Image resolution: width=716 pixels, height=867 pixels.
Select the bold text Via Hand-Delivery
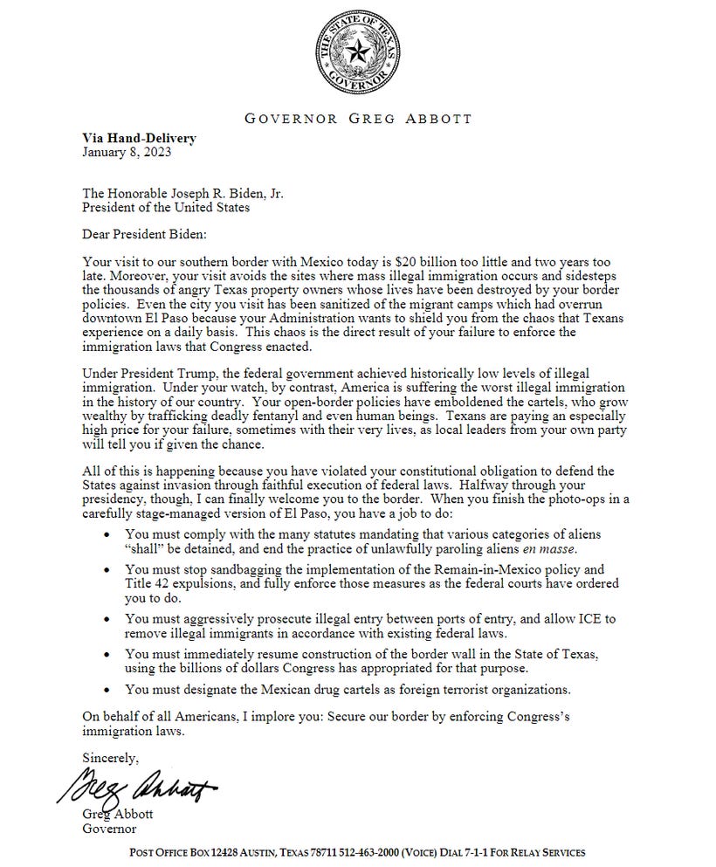[139, 138]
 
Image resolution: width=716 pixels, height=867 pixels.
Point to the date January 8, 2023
[127, 152]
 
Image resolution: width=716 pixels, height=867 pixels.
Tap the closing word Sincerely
[110, 757]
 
